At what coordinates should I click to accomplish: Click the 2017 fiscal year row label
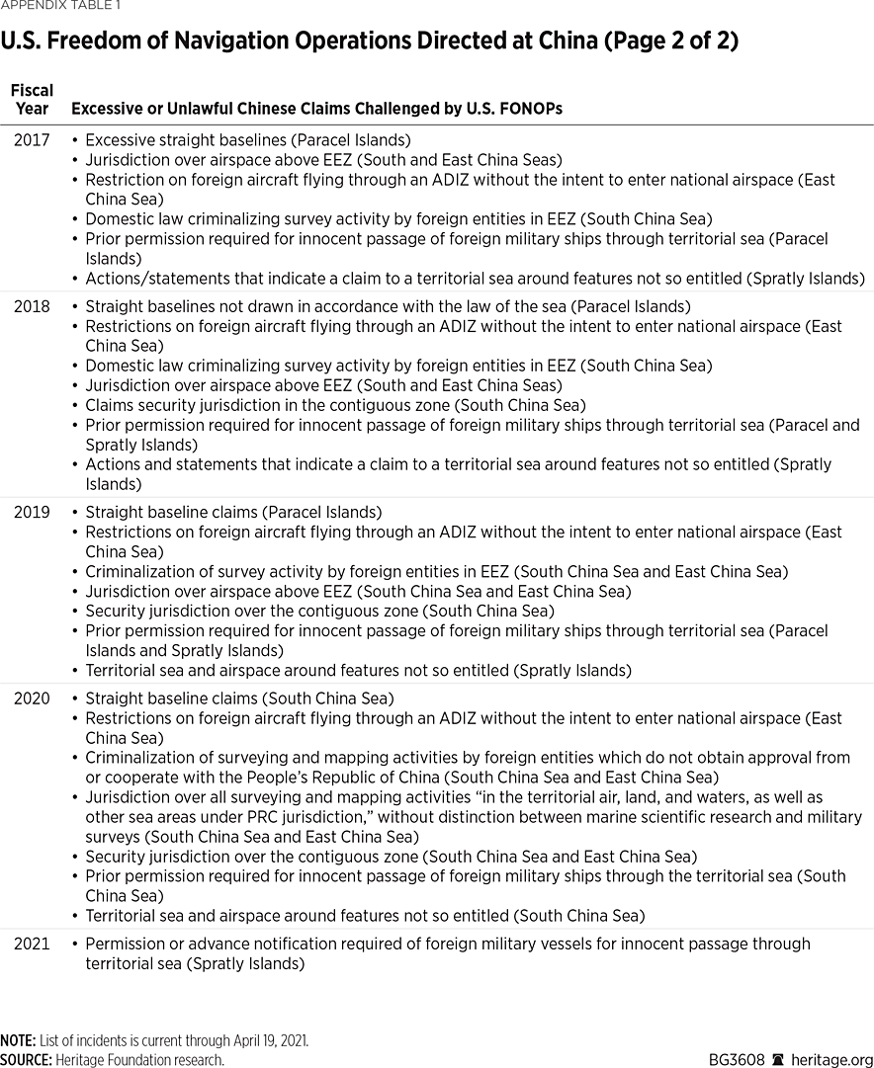[32, 140]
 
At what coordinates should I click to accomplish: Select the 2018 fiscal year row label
[32, 306]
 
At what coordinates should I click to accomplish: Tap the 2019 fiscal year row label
[32, 512]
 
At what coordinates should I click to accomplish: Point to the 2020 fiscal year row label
[32, 698]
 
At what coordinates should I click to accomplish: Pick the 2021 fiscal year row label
[32, 944]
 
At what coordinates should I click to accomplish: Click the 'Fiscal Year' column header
[32, 99]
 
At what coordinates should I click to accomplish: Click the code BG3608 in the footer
[737, 1060]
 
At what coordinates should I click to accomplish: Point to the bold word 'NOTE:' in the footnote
[18, 1041]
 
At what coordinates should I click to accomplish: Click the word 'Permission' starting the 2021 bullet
[124, 944]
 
